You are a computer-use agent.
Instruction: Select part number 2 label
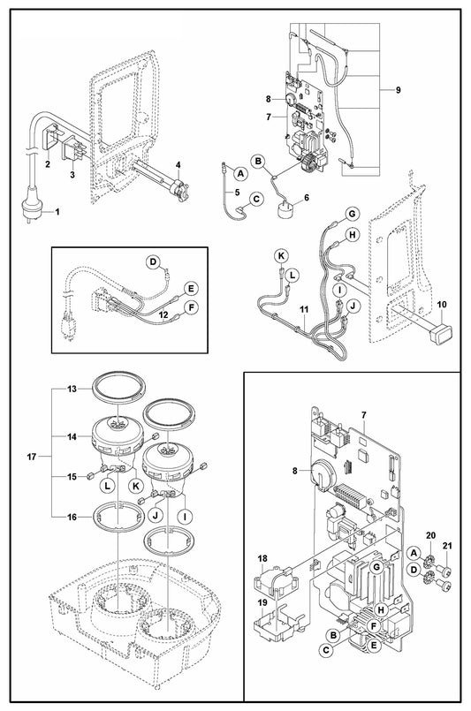click(48, 164)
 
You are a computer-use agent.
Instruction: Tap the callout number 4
click(179, 164)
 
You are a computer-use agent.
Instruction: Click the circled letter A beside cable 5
click(240, 173)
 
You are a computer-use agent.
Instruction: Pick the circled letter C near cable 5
click(256, 199)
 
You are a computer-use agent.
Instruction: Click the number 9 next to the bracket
click(398, 90)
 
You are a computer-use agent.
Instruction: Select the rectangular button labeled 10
click(438, 335)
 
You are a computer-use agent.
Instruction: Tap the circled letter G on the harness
click(352, 214)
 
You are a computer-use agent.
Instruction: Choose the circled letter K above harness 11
click(281, 256)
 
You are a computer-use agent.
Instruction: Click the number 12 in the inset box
click(163, 314)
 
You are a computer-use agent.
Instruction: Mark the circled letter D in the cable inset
click(153, 261)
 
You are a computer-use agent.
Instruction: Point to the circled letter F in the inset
click(193, 308)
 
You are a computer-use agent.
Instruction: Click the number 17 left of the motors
click(31, 457)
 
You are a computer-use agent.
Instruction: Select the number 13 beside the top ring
click(72, 389)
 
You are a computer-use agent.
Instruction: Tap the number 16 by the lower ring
click(72, 517)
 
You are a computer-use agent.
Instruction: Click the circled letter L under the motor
click(108, 486)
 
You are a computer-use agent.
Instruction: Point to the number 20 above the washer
click(430, 535)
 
